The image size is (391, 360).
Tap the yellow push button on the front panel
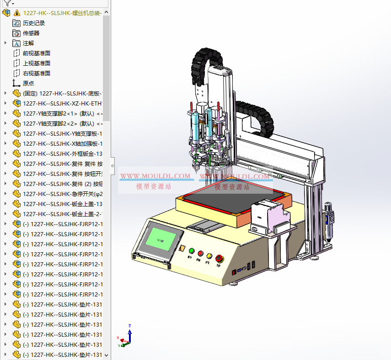[209, 256]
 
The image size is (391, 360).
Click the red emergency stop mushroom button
[219, 258]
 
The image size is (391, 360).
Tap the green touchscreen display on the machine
[161, 239]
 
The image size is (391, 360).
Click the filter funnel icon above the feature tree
[8, 3]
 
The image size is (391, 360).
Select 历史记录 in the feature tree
[34, 23]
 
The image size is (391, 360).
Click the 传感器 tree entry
[31, 33]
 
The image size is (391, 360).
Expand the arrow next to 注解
[5, 43]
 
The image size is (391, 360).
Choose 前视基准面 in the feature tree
[37, 53]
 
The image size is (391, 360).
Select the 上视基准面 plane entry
[37, 63]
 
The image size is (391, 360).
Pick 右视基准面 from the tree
[37, 73]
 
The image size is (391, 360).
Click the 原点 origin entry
[28, 83]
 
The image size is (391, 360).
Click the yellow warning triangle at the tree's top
[17, 13]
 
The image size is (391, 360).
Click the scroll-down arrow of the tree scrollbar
[107, 355]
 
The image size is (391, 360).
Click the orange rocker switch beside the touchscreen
[182, 249]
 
